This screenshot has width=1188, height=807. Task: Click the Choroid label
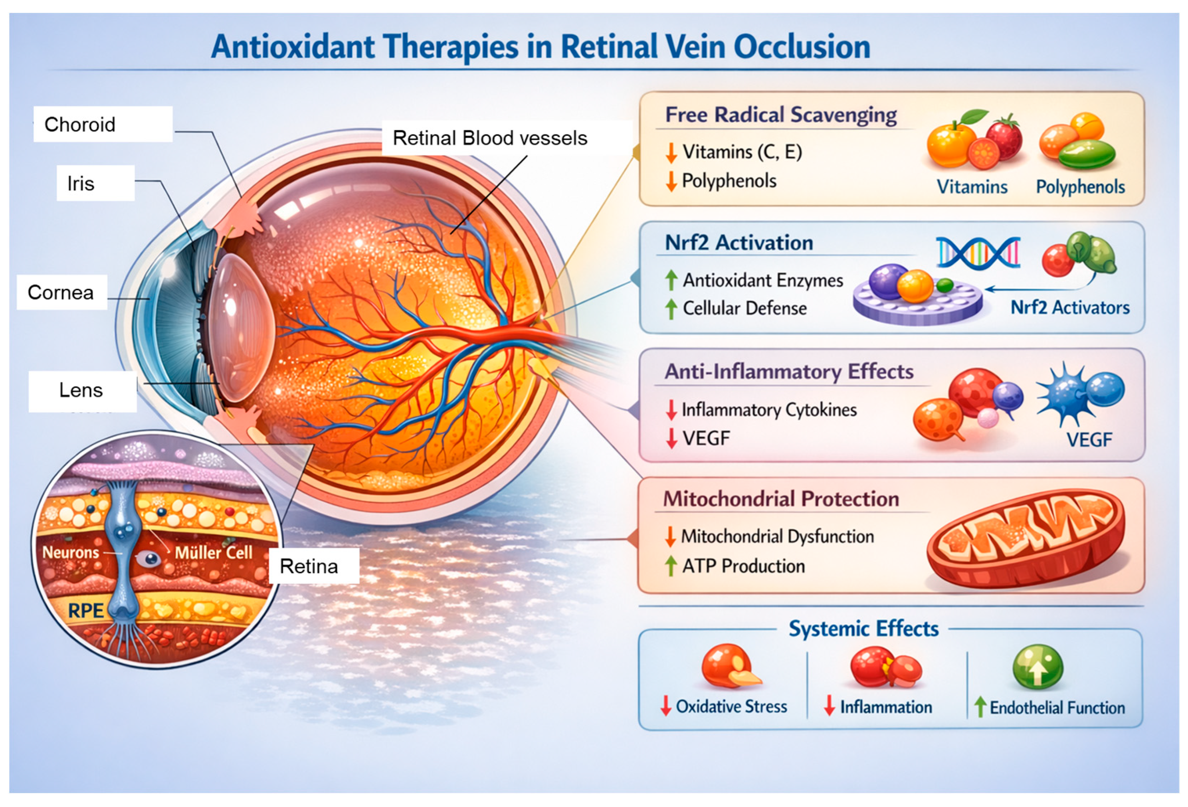(80, 125)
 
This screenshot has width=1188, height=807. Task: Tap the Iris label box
(81, 184)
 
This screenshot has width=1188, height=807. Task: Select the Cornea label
(61, 292)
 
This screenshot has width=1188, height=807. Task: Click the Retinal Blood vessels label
(490, 138)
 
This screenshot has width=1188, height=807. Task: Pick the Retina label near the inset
(309, 566)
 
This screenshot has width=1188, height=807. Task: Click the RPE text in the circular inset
(85, 610)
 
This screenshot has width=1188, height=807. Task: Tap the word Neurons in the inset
(71, 552)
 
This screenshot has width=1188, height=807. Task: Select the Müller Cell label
(214, 552)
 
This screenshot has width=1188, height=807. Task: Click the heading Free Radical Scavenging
(780, 115)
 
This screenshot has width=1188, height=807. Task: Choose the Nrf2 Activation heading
(739, 243)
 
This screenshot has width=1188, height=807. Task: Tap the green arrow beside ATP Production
(670, 566)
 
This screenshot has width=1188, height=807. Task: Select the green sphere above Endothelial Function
(1038, 667)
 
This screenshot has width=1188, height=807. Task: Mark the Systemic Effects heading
(863, 629)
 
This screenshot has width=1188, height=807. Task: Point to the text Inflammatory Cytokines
(769, 410)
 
